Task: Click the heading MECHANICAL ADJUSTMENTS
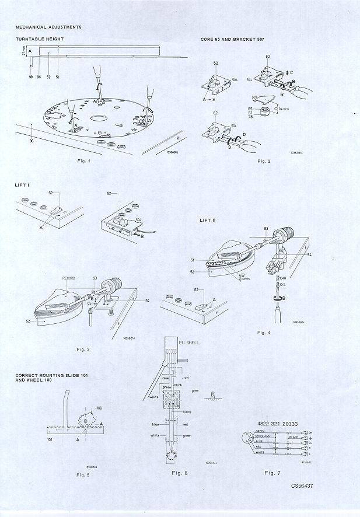click(48, 27)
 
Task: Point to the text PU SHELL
click(188, 343)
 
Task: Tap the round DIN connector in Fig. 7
click(248, 441)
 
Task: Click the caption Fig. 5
click(83, 476)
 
